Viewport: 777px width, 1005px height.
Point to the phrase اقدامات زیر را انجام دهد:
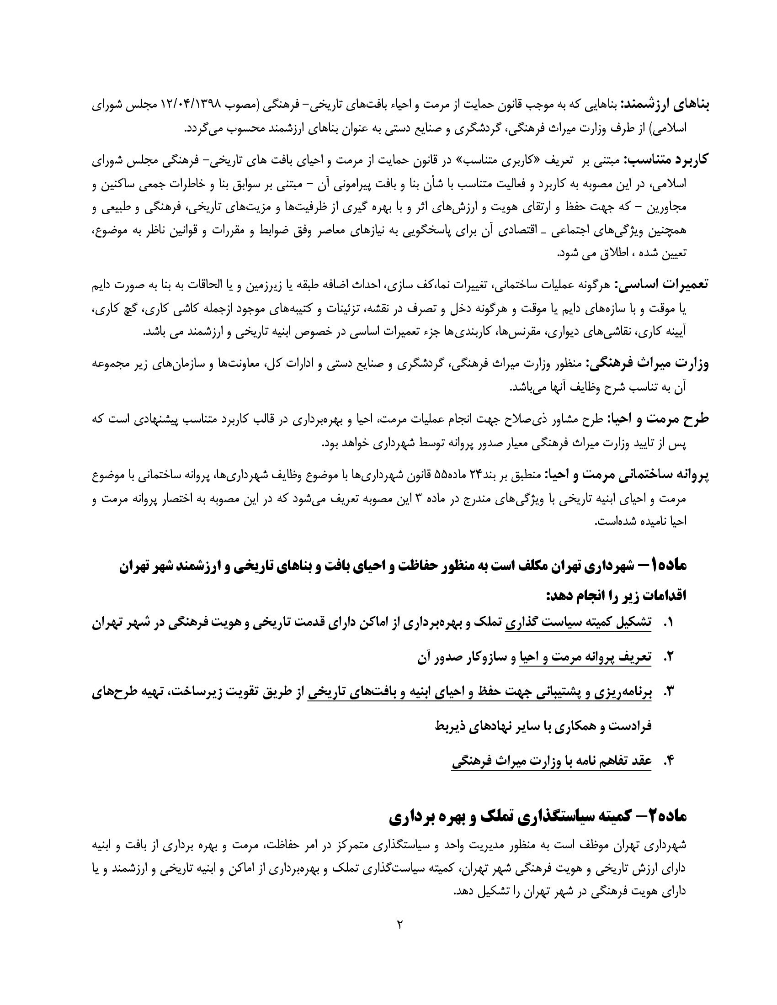[x=617, y=595]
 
